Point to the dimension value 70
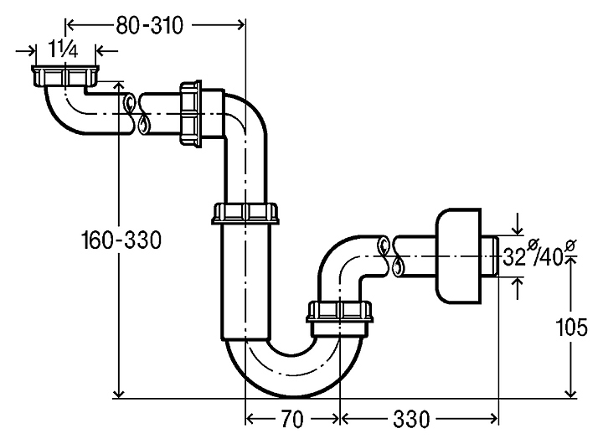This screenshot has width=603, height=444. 292,416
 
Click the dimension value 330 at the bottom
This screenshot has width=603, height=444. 412,416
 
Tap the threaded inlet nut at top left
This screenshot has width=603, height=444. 64,77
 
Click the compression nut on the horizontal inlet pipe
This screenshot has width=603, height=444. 191,113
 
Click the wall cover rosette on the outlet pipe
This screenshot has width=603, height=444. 458,256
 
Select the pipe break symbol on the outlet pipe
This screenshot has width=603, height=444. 391,256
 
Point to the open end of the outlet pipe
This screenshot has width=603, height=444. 494,256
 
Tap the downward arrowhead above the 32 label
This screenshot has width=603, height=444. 519,230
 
